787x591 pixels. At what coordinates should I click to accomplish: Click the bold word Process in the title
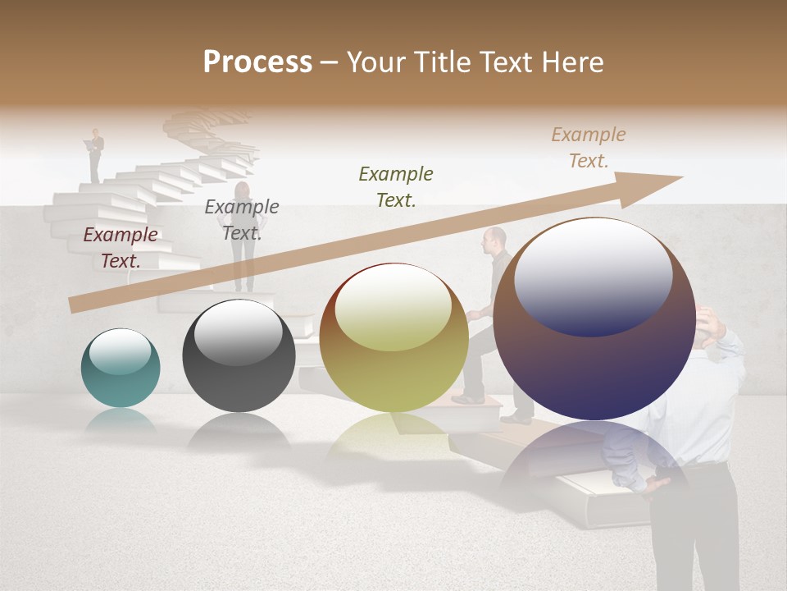click(x=257, y=62)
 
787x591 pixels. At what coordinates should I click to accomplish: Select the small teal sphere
click(x=121, y=368)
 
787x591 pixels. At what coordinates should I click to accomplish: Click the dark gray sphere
click(x=239, y=356)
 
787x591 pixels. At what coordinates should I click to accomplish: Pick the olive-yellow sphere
click(x=393, y=338)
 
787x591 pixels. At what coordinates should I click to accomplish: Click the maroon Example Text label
click(x=121, y=248)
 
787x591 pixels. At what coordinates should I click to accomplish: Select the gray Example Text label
click(x=241, y=220)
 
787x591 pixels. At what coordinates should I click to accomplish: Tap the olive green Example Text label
click(x=396, y=186)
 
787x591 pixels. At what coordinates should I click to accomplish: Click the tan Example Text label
click(x=588, y=148)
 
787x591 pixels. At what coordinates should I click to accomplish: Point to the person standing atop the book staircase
click(x=96, y=154)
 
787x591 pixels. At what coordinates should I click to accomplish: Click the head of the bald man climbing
click(x=494, y=240)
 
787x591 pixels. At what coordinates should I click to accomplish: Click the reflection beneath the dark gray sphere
click(x=239, y=431)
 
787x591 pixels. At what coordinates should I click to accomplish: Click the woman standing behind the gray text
click(x=244, y=246)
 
